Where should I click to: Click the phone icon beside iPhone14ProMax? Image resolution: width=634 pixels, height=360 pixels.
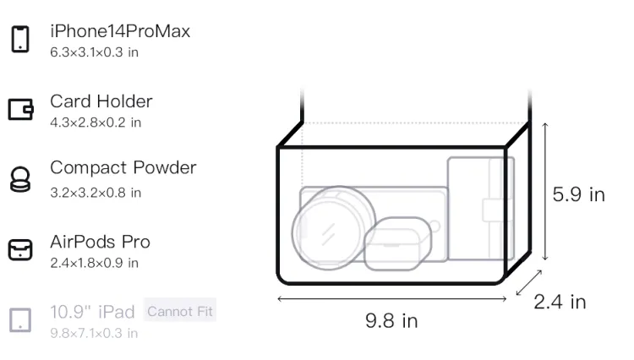(x=20, y=39)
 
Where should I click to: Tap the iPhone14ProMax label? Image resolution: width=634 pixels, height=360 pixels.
(x=120, y=31)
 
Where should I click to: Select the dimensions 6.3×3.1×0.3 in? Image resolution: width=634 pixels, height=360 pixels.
(x=94, y=52)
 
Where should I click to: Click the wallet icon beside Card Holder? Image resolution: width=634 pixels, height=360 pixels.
(x=20, y=110)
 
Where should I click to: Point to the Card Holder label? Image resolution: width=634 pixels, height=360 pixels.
(x=101, y=101)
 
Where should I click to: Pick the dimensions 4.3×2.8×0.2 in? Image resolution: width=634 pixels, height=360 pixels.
(x=96, y=123)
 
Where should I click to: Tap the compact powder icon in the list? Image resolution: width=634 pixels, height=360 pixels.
(x=20, y=179)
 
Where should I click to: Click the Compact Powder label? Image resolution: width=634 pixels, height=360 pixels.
(x=123, y=167)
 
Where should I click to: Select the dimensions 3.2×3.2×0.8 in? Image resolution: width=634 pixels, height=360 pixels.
(x=96, y=193)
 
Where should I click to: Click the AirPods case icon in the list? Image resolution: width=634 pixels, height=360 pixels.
(x=20, y=249)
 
